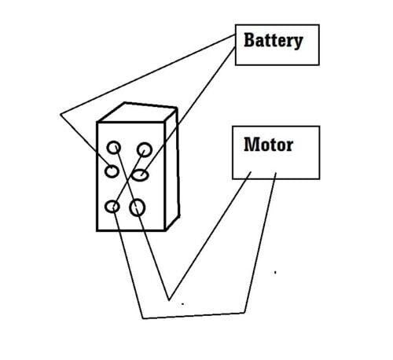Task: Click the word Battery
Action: (274, 41)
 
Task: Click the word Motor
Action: (268, 145)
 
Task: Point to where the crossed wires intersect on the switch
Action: (128, 180)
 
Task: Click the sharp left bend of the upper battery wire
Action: (61, 114)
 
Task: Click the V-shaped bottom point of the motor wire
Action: (169, 300)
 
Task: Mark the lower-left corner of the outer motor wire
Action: (143, 318)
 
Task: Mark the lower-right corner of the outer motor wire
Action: (244, 313)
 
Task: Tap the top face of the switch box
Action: (138, 112)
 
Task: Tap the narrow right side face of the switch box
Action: (172, 167)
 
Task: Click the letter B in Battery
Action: (249, 40)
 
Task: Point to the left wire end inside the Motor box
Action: (251, 172)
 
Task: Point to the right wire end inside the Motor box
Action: (276, 173)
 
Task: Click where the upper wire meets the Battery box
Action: (235, 35)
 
